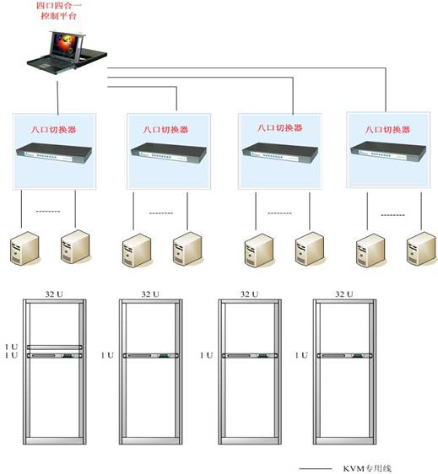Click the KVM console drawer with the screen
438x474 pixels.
67,52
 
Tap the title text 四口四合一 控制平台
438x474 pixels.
59,10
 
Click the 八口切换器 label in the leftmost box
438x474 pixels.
54,130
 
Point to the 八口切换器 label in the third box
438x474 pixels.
280,128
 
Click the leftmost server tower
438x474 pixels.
24,248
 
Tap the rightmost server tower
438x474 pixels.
422,249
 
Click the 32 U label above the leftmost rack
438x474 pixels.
54,294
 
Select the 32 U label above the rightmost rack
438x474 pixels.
344,294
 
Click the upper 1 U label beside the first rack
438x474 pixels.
11,347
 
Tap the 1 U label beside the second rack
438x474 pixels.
107,355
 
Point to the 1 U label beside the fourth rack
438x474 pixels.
301,355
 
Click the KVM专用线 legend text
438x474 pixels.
367,469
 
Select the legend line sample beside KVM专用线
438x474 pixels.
316,469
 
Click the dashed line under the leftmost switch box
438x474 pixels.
48,211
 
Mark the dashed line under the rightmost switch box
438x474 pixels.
392,215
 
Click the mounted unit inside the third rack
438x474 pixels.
250,356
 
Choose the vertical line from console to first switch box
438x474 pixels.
57,97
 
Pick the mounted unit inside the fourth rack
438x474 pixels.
344,356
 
